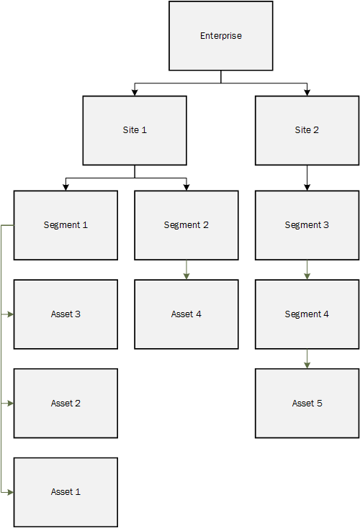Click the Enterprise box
[221, 36]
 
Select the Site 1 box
[135, 130]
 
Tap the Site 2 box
[307, 130]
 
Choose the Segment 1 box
[66, 225]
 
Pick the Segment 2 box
[186, 225]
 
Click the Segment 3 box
[307, 225]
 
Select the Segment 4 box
[307, 314]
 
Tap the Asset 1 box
[66, 492]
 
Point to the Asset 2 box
[66, 403]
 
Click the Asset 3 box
[66, 314]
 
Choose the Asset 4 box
[186, 314]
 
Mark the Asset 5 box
[307, 403]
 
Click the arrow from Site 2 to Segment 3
[307, 178]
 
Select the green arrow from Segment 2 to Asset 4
[186, 270]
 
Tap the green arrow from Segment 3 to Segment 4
[307, 270]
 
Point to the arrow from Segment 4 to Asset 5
[307, 359]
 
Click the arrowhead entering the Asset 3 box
[11, 314]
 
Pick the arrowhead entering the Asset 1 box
[11, 492]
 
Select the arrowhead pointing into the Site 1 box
[135, 93]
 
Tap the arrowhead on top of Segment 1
[66, 188]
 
